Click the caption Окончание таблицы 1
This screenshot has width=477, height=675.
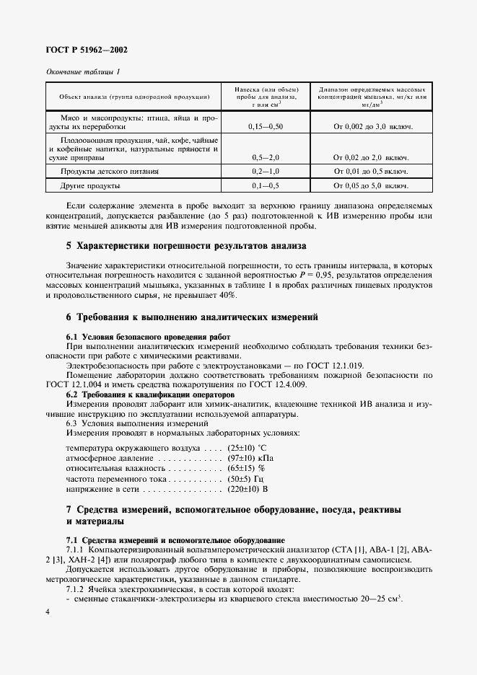[82, 71]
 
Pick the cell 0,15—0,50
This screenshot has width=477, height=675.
[265, 126]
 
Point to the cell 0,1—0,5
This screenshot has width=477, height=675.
[265, 186]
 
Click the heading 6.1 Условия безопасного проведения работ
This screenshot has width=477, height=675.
[148, 337]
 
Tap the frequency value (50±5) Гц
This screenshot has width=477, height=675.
[245, 478]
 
